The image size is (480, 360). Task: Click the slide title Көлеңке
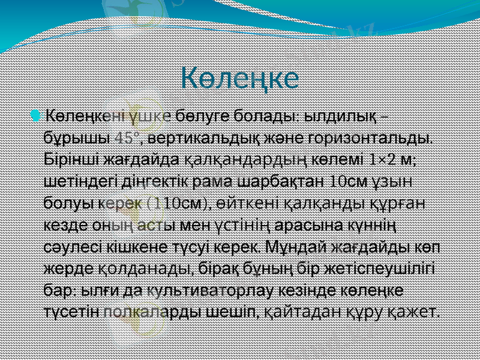[240, 79]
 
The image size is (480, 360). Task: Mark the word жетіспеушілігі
[390, 268]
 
